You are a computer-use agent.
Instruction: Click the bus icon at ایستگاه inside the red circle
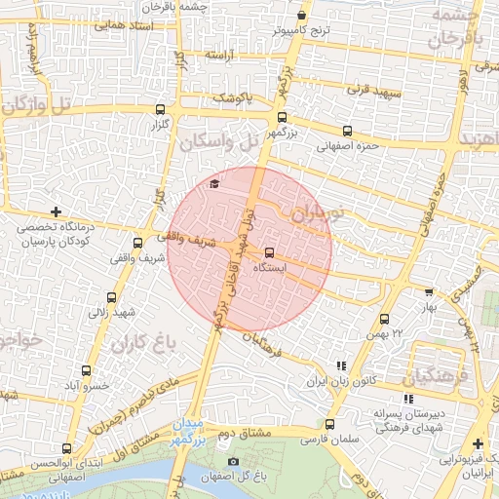(270, 252)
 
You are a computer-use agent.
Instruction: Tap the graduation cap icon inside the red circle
(213, 183)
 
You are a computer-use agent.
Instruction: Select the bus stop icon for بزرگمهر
(283, 117)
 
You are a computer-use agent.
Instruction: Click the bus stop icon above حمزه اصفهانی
(347, 131)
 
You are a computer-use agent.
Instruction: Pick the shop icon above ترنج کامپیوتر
(301, 16)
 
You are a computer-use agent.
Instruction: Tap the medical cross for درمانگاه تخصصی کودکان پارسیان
(57, 211)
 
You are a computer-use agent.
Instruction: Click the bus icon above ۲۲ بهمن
(384, 319)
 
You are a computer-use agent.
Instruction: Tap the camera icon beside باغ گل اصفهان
(232, 461)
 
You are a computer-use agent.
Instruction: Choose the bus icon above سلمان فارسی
(329, 424)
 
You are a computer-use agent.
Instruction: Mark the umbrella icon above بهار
(427, 291)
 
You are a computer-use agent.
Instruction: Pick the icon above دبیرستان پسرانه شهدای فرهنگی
(407, 399)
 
